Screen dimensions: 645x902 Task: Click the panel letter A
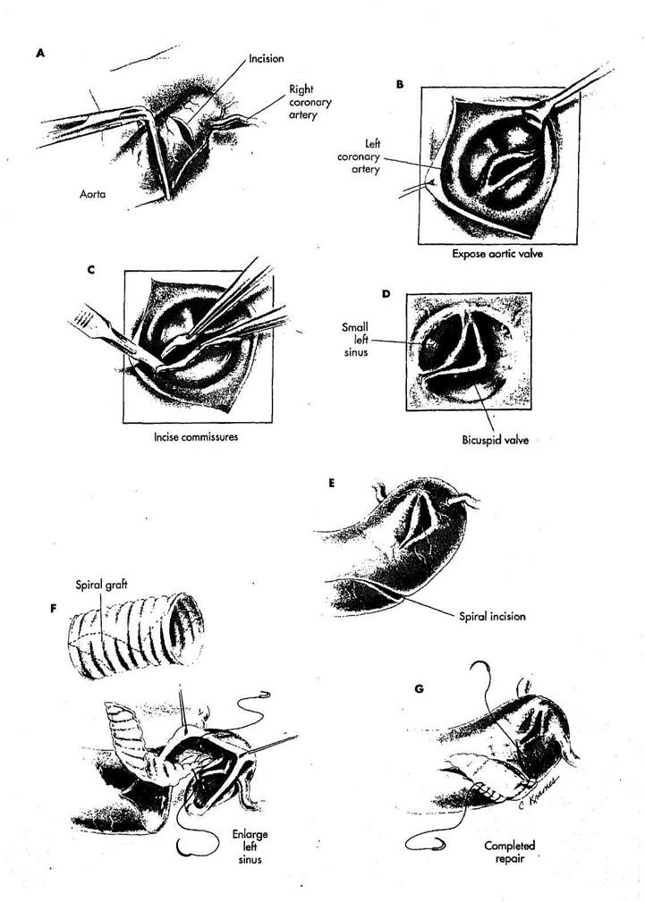coord(39,54)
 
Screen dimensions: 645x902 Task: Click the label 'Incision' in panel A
coord(266,59)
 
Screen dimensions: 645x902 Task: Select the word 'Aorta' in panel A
coord(93,195)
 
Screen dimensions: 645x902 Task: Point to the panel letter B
coord(400,85)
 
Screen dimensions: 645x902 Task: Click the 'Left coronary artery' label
coord(366,156)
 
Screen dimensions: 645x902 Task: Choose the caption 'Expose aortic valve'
coord(497,253)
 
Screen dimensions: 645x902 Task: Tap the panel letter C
coord(91,269)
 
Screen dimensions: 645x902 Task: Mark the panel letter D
coord(386,294)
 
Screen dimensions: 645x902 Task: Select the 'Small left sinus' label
coord(354,340)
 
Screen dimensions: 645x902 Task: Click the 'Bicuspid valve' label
coord(496,440)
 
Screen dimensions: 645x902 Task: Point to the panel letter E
coord(331,484)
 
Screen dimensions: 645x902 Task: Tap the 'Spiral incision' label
coord(492,616)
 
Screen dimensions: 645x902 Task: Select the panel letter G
coord(420,688)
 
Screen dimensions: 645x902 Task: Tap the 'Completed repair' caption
coord(510,851)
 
